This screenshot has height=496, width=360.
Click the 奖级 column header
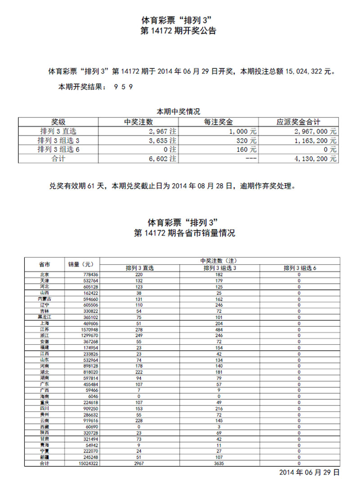click(58, 122)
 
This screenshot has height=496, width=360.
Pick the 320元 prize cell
click(247, 140)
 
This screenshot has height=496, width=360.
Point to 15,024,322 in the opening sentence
click(304, 71)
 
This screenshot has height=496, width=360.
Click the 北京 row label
click(44, 274)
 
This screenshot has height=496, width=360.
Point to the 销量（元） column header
click(80, 264)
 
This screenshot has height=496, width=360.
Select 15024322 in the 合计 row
click(87, 463)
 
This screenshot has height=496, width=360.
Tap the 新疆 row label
click(44, 457)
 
